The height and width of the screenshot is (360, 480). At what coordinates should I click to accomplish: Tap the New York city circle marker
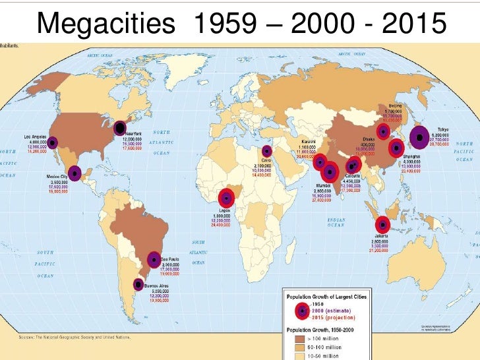click(x=121, y=128)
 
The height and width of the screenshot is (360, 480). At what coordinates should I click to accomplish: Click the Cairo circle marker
click(x=266, y=152)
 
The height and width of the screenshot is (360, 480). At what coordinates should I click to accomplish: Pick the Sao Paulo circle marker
click(x=154, y=260)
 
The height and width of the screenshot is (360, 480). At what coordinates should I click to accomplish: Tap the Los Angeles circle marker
click(x=53, y=141)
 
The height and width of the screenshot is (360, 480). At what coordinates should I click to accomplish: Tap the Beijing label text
click(x=394, y=105)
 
